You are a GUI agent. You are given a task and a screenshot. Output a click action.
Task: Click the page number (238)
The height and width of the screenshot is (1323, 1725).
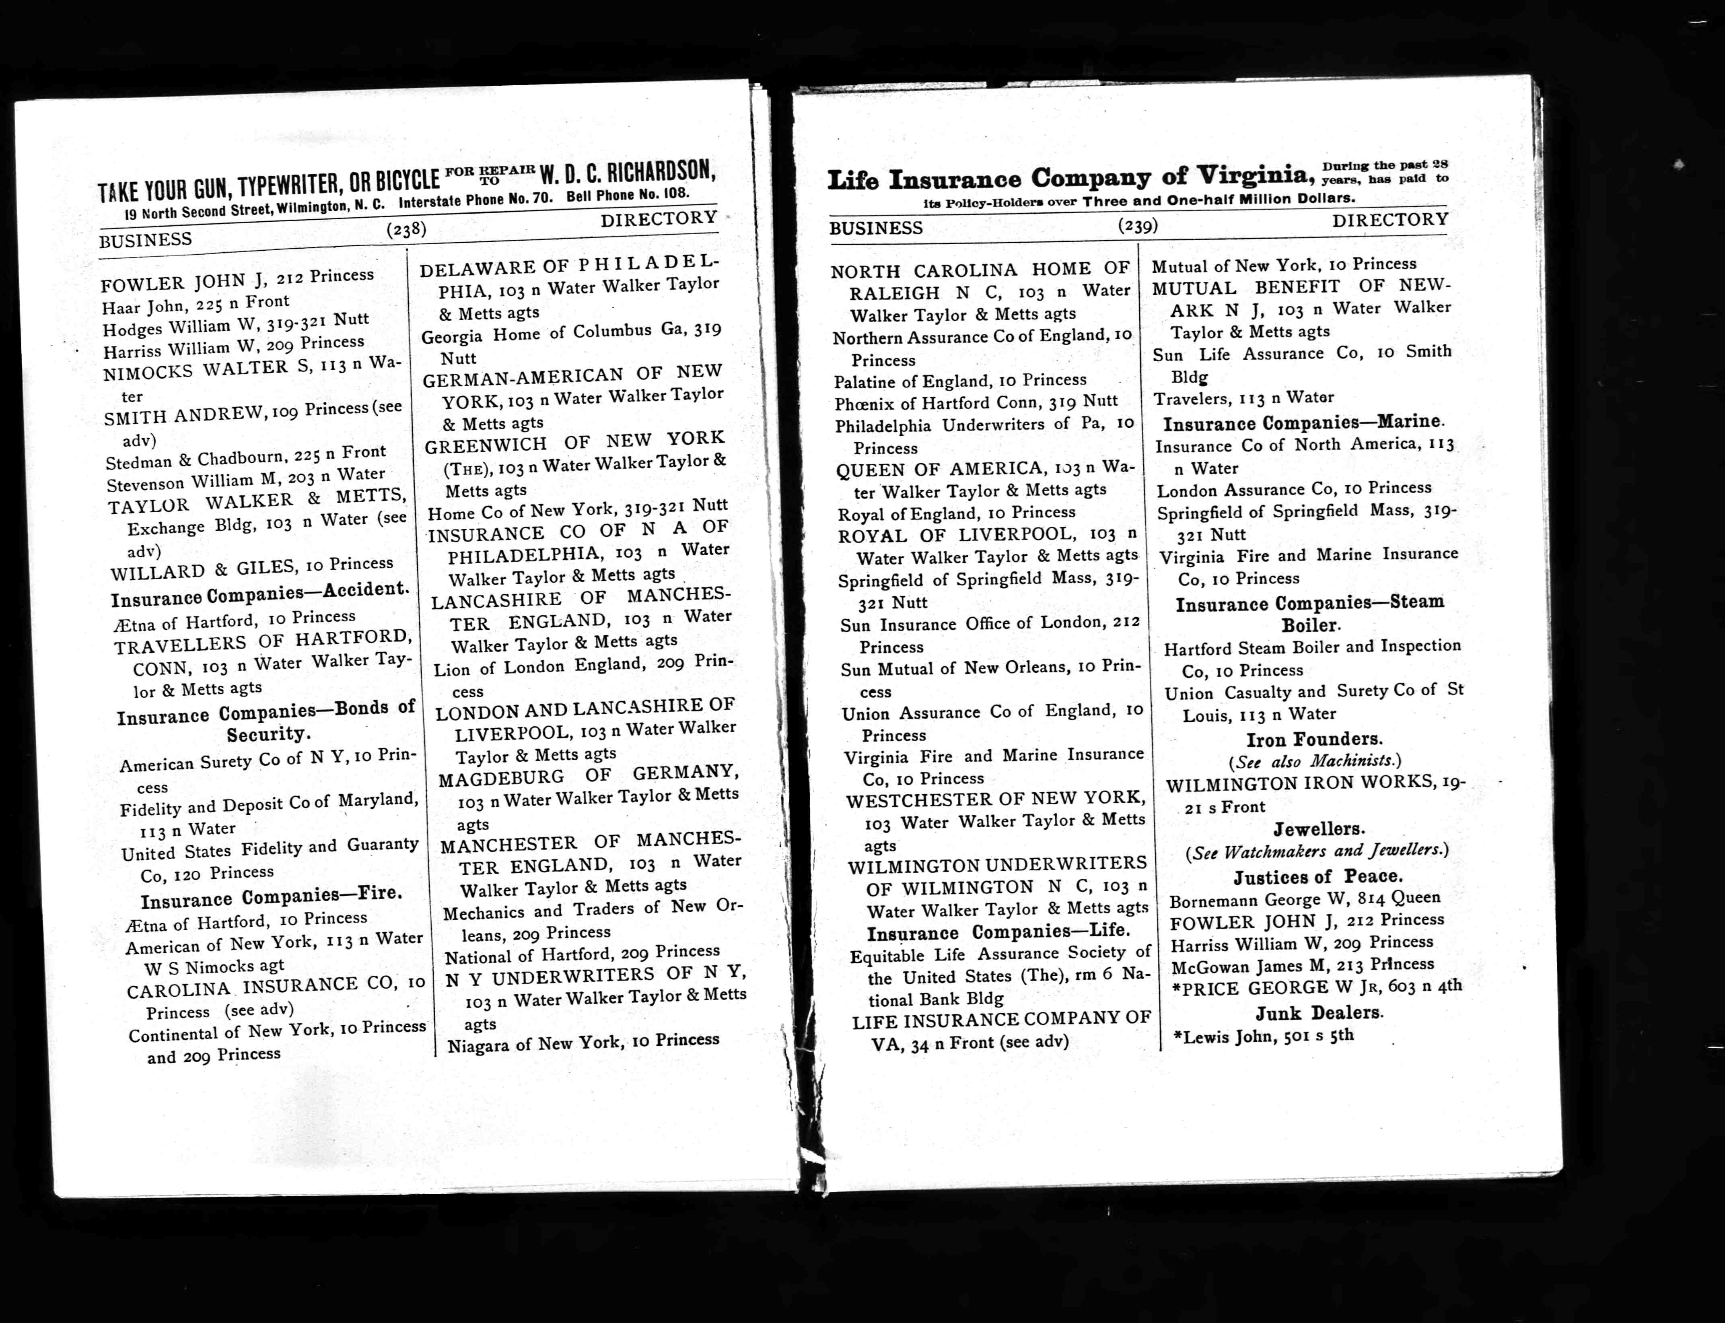tap(406, 230)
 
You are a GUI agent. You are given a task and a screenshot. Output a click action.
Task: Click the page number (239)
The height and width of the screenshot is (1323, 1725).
tap(1138, 226)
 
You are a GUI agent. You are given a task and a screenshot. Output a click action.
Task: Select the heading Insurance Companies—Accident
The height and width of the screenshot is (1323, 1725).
tap(260, 595)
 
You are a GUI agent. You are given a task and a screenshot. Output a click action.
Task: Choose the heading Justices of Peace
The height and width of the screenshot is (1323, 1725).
tap(1316, 876)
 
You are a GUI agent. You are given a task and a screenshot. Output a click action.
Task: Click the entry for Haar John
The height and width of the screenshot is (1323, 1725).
tap(195, 304)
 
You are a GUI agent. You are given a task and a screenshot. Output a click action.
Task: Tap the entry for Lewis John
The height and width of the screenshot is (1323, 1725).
tap(1264, 1037)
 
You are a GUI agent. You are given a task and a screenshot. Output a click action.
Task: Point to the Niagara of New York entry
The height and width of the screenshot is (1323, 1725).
tap(583, 1043)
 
